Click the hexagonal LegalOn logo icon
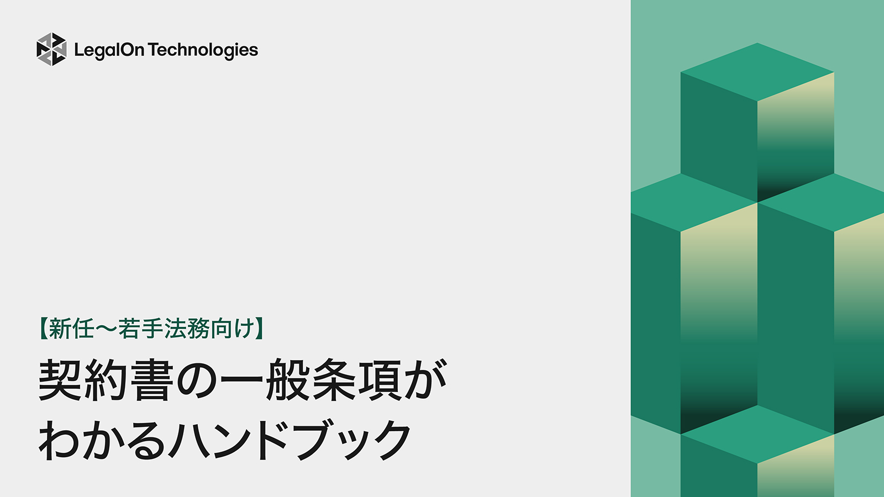51,50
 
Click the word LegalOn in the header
109,50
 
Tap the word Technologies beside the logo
203,50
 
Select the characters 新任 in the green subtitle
71,329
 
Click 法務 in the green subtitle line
187,329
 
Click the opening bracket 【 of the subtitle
43,329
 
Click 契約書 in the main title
106,380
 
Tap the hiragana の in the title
196,382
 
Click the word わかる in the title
102,440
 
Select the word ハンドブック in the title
290,440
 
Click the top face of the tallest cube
757,72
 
